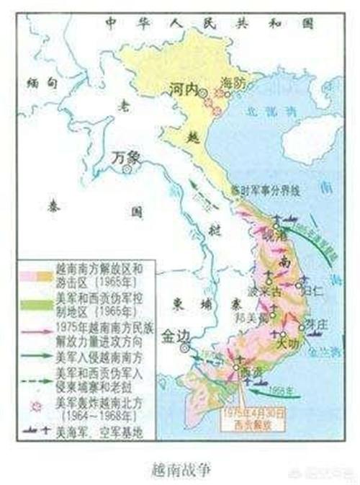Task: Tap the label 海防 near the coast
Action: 233,82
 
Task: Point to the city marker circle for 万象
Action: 127,169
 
